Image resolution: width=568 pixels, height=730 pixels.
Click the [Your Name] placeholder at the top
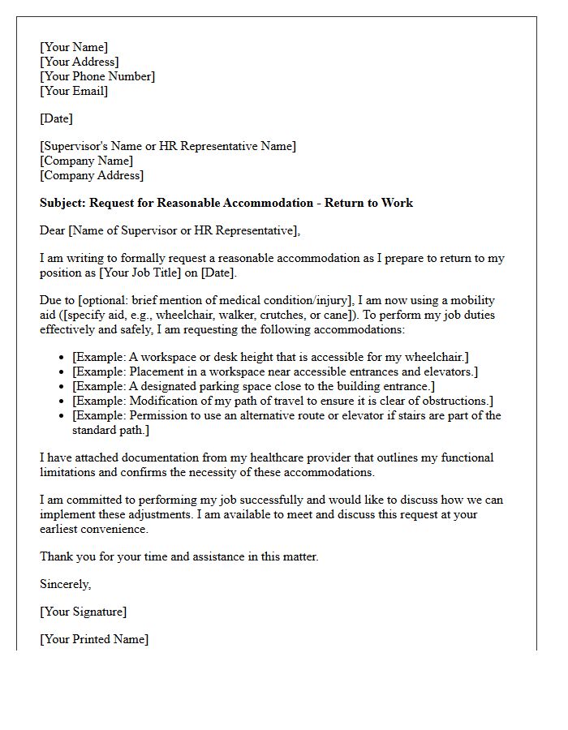click(x=74, y=47)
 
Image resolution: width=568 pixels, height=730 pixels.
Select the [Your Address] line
click(x=80, y=62)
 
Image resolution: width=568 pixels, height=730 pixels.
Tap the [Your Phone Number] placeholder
click(x=97, y=76)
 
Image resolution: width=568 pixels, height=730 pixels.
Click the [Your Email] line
click(x=74, y=91)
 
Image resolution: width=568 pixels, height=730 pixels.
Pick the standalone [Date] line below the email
click(x=56, y=118)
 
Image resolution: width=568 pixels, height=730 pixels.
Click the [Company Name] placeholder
click(x=87, y=161)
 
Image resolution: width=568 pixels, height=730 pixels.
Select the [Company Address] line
click(x=92, y=175)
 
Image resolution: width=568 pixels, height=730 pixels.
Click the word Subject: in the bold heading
click(x=62, y=203)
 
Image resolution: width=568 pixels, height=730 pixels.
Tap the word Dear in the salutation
click(x=53, y=230)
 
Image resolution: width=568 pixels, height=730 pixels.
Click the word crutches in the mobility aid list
click(x=383, y=315)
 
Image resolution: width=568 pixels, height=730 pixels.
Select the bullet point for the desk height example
click(x=63, y=358)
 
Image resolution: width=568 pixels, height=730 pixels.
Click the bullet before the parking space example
click(x=63, y=387)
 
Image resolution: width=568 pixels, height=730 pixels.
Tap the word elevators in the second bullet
click(x=450, y=371)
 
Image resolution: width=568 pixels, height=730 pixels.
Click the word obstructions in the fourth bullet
click(x=455, y=401)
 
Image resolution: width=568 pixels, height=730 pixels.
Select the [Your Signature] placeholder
click(x=84, y=612)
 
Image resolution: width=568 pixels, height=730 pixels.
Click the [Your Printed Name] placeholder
click(x=94, y=639)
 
